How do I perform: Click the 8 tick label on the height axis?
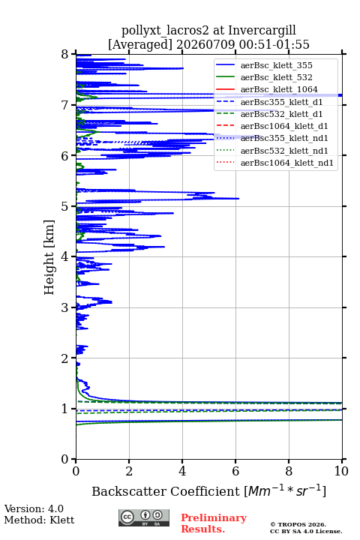(x=65, y=55)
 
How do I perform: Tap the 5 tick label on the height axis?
(x=65, y=206)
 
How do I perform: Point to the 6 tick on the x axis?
(x=235, y=471)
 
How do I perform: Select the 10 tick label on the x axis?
(x=342, y=471)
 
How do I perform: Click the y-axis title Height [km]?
(x=49, y=257)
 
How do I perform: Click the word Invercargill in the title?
(x=262, y=31)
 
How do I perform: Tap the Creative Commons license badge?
(x=144, y=517)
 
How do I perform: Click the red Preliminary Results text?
(x=214, y=523)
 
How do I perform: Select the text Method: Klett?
(x=39, y=520)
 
